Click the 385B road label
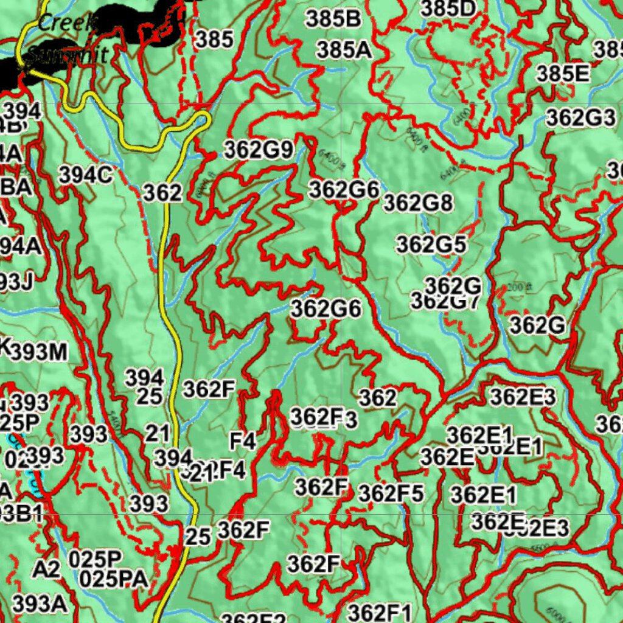333,19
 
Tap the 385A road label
344,50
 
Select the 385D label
448,9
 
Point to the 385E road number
563,74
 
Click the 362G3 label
580,118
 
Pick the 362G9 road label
259,150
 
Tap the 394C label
86,175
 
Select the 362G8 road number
418,203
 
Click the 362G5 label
431,245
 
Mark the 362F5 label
390,493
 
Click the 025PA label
114,579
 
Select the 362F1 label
380,612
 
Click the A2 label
46,569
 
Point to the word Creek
67,24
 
